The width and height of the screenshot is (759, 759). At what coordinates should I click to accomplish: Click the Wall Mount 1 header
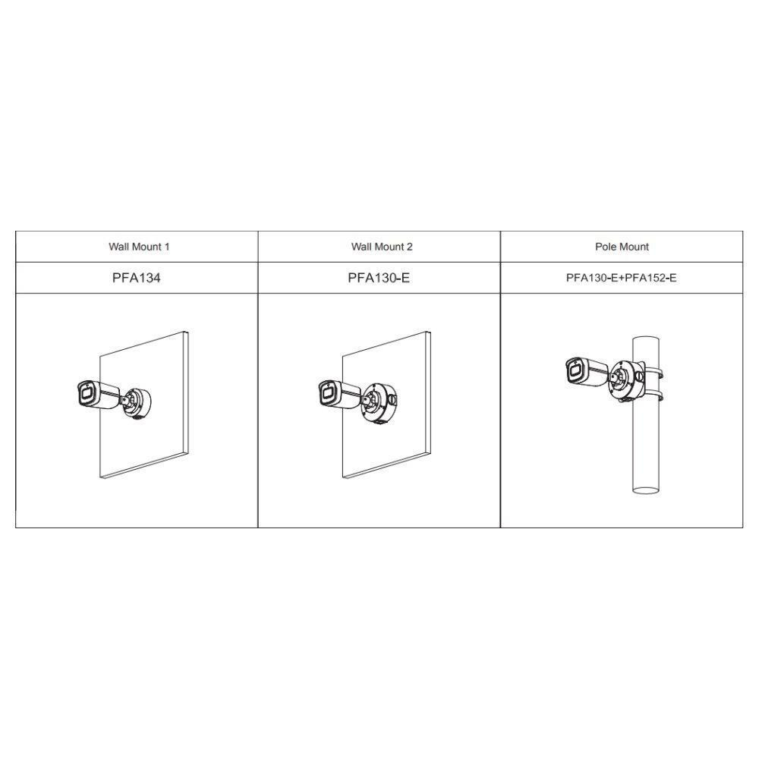(x=139, y=247)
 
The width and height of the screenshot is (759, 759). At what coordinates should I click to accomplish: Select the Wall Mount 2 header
(x=382, y=247)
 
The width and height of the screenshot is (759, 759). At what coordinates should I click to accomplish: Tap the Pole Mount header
(x=622, y=247)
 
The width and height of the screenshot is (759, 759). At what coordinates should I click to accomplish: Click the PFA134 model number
(x=137, y=278)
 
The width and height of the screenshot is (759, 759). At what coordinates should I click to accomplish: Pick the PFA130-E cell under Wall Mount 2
(x=379, y=278)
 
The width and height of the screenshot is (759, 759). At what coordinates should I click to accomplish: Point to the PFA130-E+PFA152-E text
(x=622, y=278)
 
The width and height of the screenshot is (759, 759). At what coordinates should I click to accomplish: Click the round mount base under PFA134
(x=137, y=402)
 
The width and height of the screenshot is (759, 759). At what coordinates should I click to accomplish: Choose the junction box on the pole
(x=628, y=380)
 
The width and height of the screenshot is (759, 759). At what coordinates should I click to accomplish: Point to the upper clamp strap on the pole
(x=654, y=373)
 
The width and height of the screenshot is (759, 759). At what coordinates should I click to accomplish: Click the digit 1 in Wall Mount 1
(x=167, y=247)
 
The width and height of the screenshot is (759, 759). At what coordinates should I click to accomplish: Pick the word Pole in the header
(x=605, y=247)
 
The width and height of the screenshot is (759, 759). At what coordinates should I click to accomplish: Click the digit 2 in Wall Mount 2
(x=410, y=247)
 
